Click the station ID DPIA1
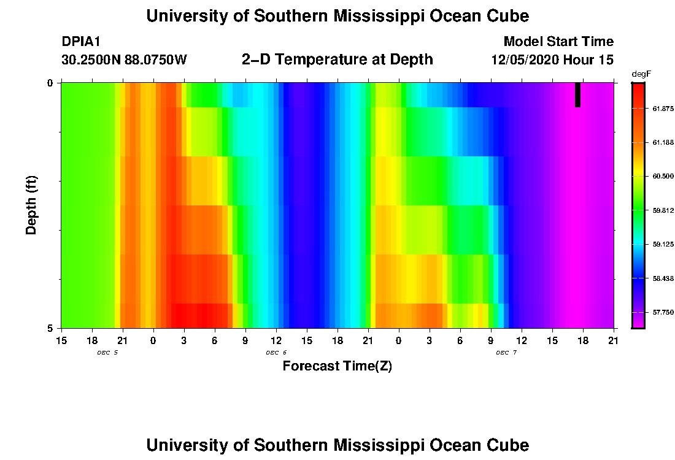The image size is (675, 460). pyautogui.click(x=81, y=42)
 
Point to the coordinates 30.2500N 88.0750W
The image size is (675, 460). pyautogui.click(x=125, y=60)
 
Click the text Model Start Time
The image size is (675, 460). pyautogui.click(x=558, y=42)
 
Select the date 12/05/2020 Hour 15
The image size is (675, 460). pyautogui.click(x=552, y=60)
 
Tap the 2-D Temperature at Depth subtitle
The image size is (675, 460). pyautogui.click(x=337, y=59)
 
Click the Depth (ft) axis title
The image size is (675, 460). pyautogui.click(x=32, y=205)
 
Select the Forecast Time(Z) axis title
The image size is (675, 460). pyautogui.click(x=337, y=367)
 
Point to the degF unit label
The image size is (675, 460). pyautogui.click(x=641, y=74)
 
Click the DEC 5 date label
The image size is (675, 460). pyautogui.click(x=107, y=353)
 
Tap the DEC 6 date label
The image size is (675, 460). pyautogui.click(x=276, y=353)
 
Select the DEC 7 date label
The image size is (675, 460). pyautogui.click(x=506, y=353)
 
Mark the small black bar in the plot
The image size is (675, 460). pyautogui.click(x=577, y=95)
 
